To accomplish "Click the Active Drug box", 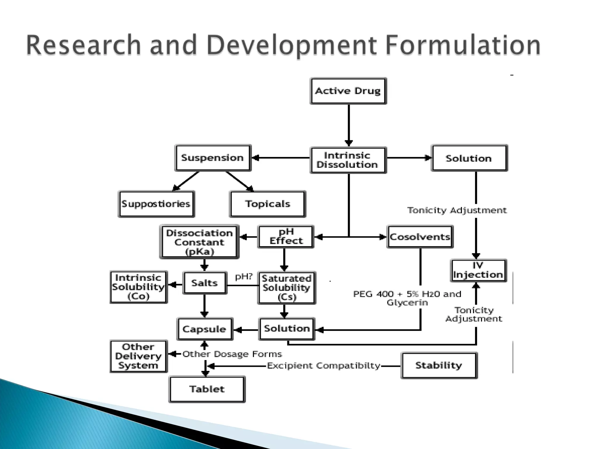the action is point(348,91).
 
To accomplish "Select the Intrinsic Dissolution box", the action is point(348,160).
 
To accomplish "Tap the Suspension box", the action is point(213,158).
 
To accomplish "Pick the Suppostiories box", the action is point(156,204).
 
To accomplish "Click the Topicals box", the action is point(267,204).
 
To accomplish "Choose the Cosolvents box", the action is point(420,237).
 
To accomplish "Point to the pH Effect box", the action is point(286,237).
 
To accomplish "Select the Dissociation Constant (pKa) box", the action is point(199,242).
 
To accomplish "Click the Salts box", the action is point(205,283).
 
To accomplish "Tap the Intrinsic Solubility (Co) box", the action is point(138,287).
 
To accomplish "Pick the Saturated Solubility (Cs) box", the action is point(287,288).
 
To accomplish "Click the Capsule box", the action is point(205,329).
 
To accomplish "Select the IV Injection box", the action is point(478,271).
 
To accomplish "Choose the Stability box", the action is point(439,365).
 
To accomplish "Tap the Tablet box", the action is point(207,389).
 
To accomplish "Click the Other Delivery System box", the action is point(138,356).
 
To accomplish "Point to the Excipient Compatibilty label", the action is point(324,366).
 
